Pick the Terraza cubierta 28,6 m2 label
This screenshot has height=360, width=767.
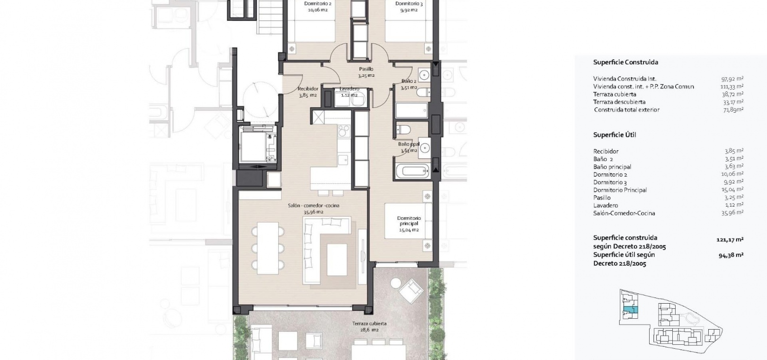point(369,326)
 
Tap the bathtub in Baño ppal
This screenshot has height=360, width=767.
point(412,171)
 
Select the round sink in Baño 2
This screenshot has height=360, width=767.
point(424,75)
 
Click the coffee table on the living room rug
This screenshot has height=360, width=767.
point(337,259)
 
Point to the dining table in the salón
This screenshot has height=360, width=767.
point(268,248)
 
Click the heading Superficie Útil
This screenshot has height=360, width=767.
point(615,135)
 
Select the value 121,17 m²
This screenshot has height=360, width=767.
point(730,240)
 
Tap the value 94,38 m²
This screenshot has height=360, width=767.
point(731,255)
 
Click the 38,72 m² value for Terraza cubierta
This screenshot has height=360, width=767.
point(733,94)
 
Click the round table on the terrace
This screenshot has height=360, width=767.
point(395,283)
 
